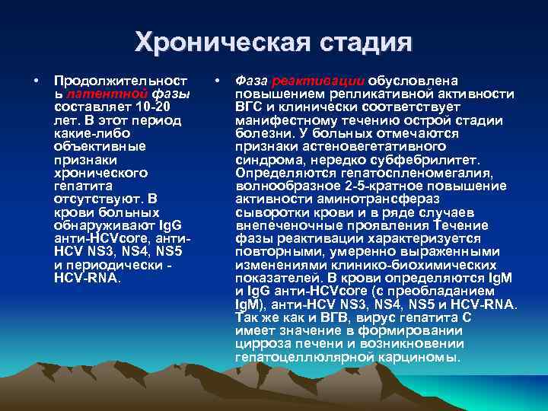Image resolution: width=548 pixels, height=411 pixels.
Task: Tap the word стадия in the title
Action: coord(357,43)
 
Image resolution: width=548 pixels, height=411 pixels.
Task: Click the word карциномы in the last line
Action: coord(428,356)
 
